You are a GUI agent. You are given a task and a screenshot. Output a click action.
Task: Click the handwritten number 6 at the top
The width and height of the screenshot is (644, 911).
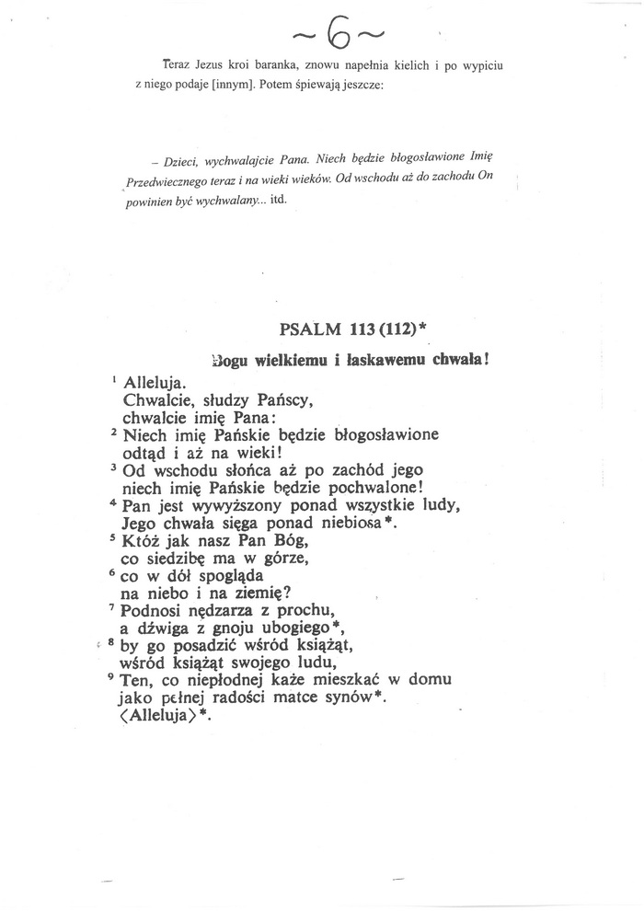(338, 35)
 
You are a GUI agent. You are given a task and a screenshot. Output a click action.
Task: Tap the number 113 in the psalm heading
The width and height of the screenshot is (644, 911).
(366, 331)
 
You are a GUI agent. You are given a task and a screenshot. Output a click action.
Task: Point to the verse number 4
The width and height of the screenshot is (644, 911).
(113, 502)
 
